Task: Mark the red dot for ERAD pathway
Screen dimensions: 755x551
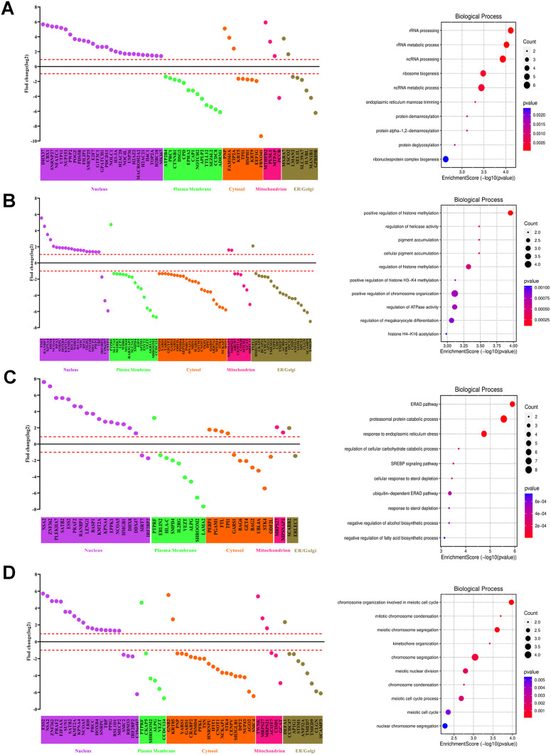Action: pyautogui.click(x=512, y=404)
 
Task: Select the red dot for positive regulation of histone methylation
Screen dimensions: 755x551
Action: pyautogui.click(x=510, y=213)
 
